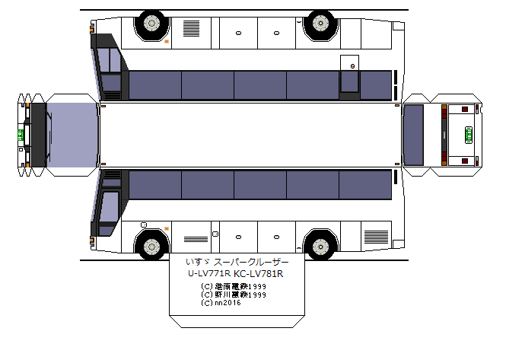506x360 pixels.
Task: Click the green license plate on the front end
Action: (21, 135)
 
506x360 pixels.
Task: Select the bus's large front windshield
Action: (73, 135)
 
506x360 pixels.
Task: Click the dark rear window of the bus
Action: (413, 135)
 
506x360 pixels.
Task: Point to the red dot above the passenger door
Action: (352, 67)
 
